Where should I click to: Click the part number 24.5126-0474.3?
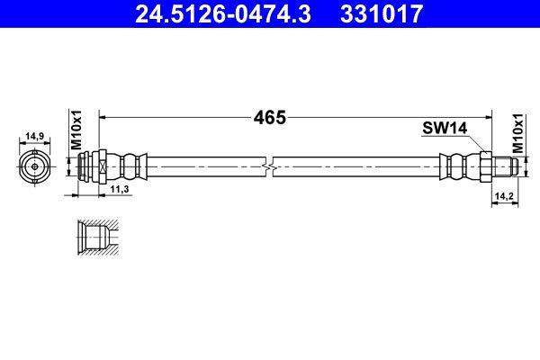221,13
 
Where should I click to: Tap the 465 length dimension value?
269,117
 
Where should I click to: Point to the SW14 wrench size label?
444,129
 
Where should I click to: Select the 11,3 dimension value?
118,189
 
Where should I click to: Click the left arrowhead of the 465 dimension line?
102,117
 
